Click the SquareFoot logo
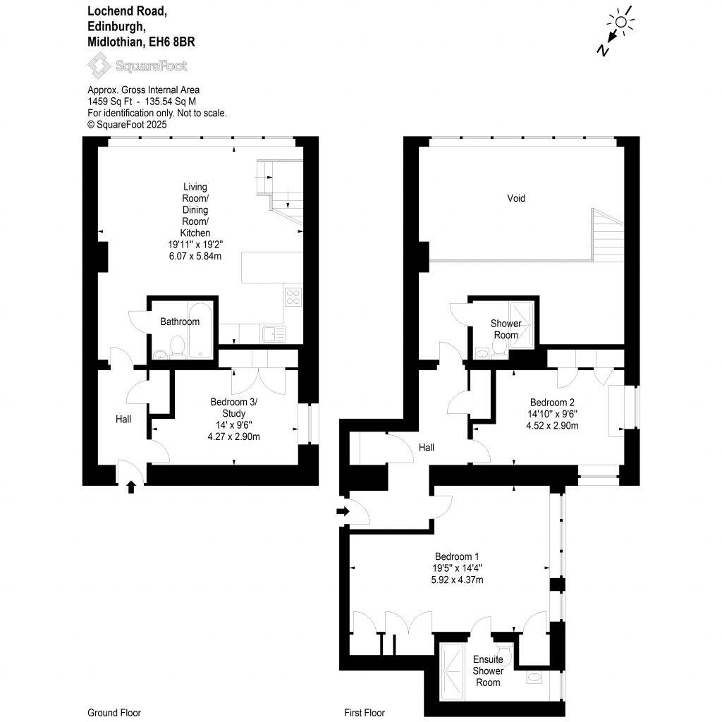pos(137,66)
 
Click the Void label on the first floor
pos(516,199)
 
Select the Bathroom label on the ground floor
pos(180,322)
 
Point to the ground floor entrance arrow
pos(130,486)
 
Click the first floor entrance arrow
pos(343,511)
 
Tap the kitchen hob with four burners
pos(293,296)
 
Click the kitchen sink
pos(271,333)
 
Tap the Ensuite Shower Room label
pos(488,671)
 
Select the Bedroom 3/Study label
pos(234,408)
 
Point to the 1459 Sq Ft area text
pos(111,102)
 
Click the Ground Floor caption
pos(114,713)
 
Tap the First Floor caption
pos(364,713)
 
